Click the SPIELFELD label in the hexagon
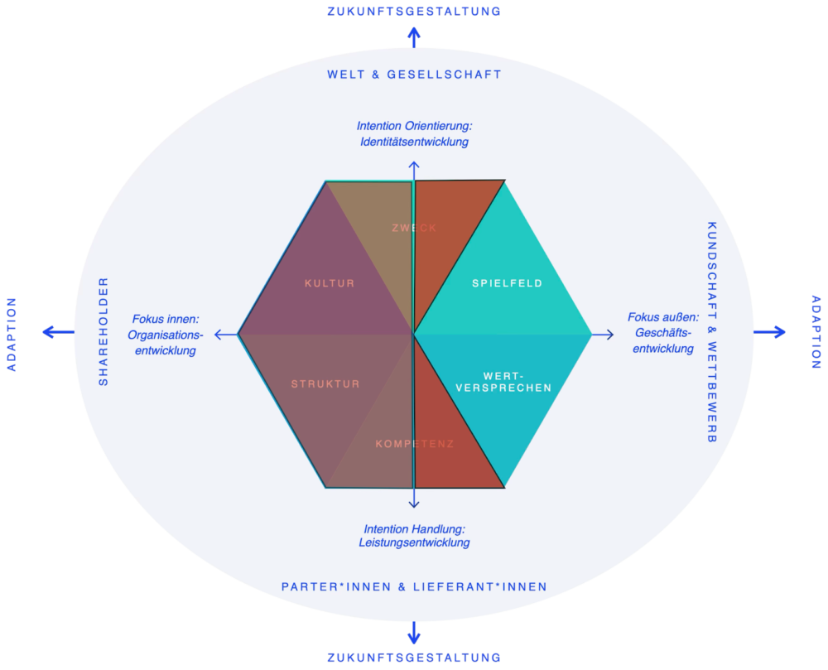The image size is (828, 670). tap(507, 283)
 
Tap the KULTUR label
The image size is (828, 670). tap(330, 283)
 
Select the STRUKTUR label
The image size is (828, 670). tap(325, 383)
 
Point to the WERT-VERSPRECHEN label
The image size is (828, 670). tap(503, 382)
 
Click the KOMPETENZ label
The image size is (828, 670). tap(415, 444)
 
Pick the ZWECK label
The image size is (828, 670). tap(414, 228)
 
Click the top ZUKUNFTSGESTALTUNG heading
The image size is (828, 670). tap(414, 11)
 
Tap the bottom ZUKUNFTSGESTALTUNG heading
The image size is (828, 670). tap(414, 658)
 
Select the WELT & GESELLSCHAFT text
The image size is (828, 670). tap(414, 75)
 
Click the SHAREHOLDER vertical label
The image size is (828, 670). tap(103, 331)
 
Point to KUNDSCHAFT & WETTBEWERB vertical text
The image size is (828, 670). tap(712, 332)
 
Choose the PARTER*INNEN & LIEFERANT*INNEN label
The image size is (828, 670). tap(414, 586)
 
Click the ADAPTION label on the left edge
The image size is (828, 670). tap(12, 335)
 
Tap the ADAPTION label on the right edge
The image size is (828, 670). tap(816, 331)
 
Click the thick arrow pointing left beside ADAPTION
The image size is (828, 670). tap(58, 332)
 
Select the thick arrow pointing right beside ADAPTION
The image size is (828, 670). tap(769, 332)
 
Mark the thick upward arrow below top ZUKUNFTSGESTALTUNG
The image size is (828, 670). tap(414, 37)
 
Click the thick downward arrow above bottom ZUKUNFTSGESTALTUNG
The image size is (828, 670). tap(414, 633)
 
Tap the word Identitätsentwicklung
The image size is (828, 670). tap(415, 142)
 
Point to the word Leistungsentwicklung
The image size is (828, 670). tap(415, 542)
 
